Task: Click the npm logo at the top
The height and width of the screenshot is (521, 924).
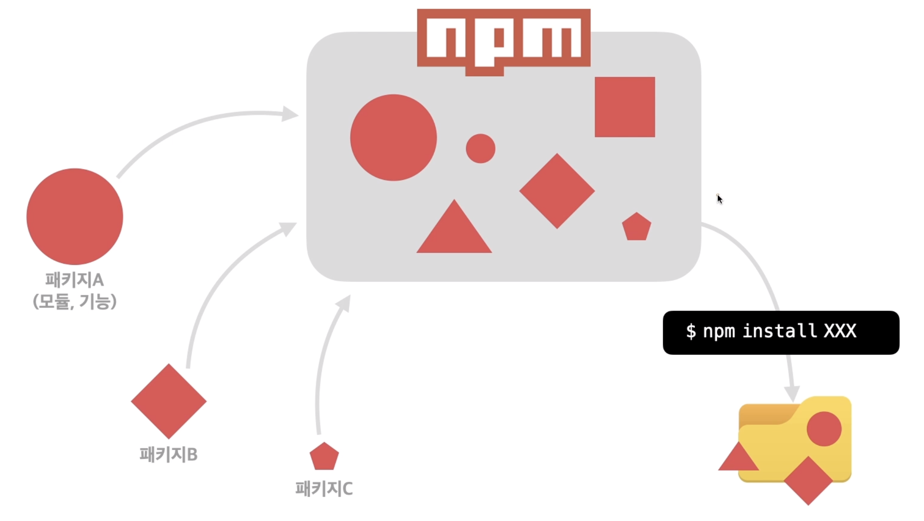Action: [503, 39]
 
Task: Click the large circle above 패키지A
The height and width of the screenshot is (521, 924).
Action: [74, 217]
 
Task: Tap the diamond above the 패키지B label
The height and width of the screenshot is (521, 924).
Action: [169, 401]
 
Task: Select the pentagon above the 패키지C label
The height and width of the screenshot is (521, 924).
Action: [324, 457]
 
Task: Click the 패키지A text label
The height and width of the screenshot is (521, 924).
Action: [74, 280]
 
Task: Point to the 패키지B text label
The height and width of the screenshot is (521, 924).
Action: [168, 454]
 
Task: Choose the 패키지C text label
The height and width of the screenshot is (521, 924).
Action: [324, 489]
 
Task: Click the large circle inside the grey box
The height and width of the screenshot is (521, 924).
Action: [393, 138]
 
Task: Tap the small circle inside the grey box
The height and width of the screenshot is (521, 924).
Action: [480, 149]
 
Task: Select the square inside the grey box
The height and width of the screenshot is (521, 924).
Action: [624, 107]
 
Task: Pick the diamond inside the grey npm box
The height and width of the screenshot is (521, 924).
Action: [557, 191]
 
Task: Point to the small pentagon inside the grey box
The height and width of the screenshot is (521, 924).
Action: [636, 227]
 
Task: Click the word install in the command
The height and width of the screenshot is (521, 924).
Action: [779, 331]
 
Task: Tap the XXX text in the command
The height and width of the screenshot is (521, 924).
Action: [840, 331]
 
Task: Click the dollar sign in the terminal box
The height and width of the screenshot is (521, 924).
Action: [691, 332]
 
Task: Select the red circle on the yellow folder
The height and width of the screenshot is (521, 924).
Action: [824, 429]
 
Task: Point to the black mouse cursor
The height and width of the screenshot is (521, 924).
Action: [719, 199]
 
